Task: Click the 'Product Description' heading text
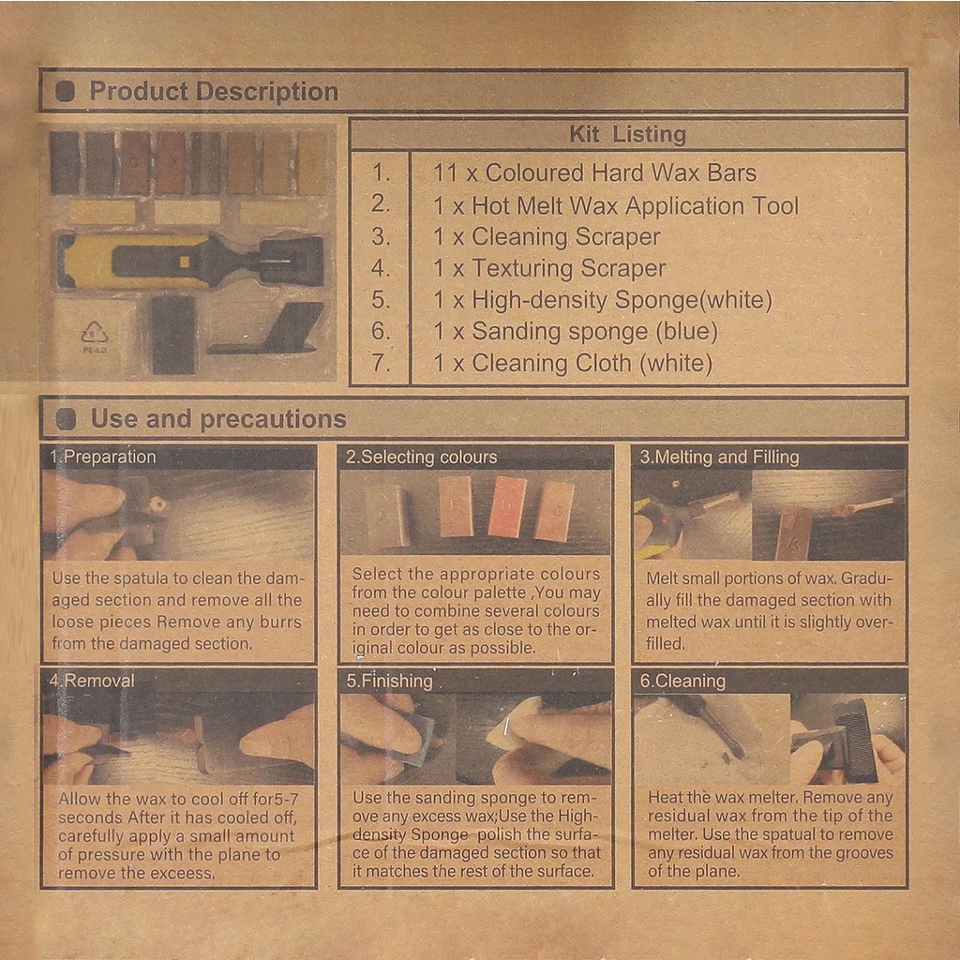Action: coord(214,91)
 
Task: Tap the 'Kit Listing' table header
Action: coord(627,134)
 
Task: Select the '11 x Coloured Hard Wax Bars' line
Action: coord(594,172)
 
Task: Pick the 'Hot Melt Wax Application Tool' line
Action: coord(635,205)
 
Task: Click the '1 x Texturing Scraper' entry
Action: coord(549,268)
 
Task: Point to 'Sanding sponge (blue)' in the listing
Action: coord(594,331)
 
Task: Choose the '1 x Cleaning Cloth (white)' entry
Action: coord(573,363)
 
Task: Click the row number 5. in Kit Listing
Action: coord(381,299)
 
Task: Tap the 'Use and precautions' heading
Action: coord(218,419)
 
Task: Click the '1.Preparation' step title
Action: coord(103,457)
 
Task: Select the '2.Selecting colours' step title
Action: coord(421,457)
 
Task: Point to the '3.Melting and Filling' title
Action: coord(719,457)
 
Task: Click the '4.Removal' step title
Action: coord(91,681)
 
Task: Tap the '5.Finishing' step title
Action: coord(389,681)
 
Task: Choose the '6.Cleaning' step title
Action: coord(682,681)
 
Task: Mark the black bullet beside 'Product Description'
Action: coord(66,92)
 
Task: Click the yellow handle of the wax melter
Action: coord(92,261)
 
